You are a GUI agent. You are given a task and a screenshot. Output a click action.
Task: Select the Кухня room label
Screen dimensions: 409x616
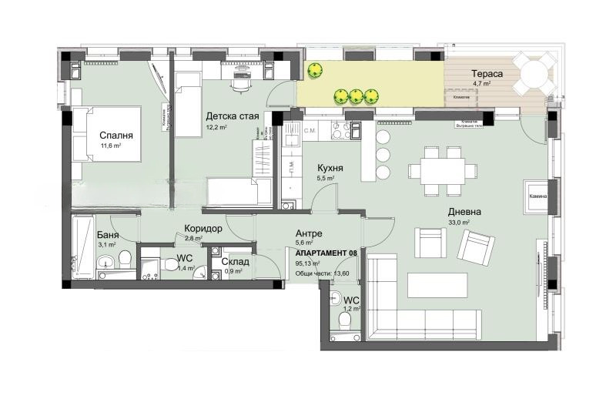coord(330,168)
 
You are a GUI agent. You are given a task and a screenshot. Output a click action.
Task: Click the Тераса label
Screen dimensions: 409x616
coord(487,74)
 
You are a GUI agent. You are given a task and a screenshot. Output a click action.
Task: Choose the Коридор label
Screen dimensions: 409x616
coord(203,229)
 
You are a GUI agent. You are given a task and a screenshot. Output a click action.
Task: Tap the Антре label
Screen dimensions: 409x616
coord(308,233)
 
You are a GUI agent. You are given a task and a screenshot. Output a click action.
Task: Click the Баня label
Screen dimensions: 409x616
coord(107,236)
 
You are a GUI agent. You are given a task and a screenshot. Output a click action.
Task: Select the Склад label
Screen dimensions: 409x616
coord(234,262)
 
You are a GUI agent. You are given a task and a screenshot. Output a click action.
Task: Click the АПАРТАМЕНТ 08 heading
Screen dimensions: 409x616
coord(326,253)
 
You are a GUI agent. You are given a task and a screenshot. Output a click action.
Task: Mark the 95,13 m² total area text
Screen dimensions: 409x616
coord(308,263)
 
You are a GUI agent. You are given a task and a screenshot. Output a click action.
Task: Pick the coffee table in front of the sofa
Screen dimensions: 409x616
coord(437,285)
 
